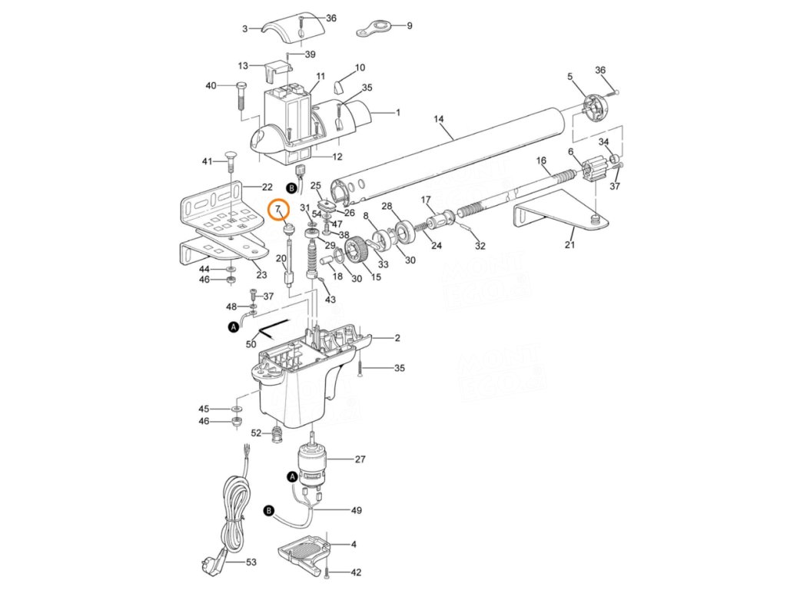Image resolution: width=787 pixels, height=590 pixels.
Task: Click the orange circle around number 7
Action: pyautogui.click(x=277, y=210)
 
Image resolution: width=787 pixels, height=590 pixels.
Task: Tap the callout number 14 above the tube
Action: pyautogui.click(x=439, y=119)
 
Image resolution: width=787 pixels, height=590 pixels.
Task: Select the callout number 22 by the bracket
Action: pyautogui.click(x=267, y=187)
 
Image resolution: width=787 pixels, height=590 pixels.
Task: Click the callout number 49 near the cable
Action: pyautogui.click(x=356, y=510)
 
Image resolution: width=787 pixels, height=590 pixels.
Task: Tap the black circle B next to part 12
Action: pyautogui.click(x=291, y=187)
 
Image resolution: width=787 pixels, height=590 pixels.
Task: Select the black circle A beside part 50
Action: pyautogui.click(x=234, y=327)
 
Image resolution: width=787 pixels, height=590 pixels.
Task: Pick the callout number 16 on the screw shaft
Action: pyautogui.click(x=541, y=161)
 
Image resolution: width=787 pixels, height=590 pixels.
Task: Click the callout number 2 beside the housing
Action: pyautogui.click(x=397, y=338)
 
